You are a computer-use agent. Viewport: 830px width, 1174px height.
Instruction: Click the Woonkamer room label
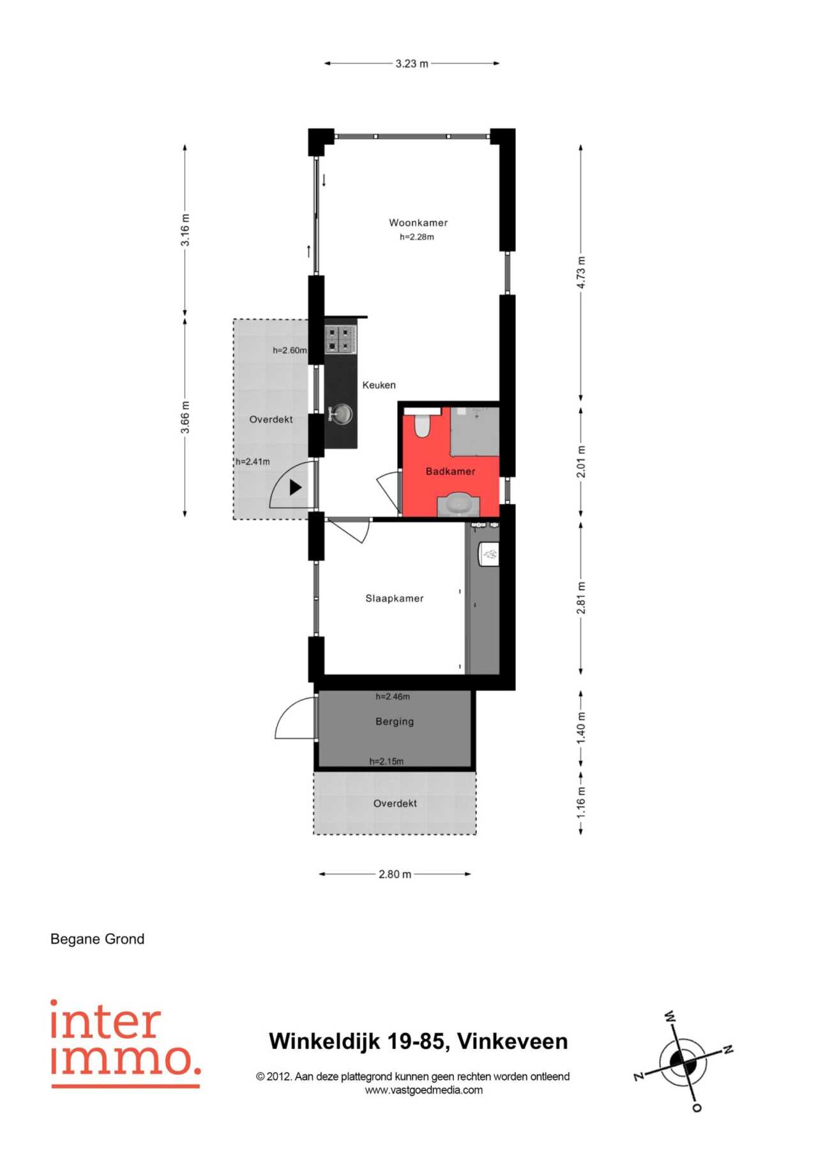[418, 223]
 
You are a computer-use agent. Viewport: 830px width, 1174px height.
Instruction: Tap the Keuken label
[379, 385]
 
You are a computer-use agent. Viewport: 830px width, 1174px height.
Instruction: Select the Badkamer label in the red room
[451, 471]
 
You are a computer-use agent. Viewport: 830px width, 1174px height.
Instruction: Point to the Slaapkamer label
[395, 598]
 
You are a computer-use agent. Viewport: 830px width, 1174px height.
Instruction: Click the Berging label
[395, 722]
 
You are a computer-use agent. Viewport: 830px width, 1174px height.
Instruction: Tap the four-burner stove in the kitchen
[340, 339]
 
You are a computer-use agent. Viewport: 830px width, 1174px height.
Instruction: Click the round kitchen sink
[342, 414]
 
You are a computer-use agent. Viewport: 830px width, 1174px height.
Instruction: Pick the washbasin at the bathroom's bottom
[458, 504]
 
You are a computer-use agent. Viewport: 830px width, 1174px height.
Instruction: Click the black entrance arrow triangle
[295, 487]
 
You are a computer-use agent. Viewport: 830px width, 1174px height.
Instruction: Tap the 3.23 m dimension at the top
[412, 64]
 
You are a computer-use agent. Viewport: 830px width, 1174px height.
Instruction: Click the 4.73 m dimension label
[581, 273]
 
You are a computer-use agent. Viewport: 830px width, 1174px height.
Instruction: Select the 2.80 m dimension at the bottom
[395, 874]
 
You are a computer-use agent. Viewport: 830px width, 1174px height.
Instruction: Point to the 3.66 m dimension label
[185, 417]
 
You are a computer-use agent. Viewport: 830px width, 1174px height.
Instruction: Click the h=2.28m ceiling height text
[417, 237]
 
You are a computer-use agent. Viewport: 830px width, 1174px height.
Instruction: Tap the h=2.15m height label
[386, 761]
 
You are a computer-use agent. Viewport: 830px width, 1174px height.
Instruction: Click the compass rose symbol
[684, 1062]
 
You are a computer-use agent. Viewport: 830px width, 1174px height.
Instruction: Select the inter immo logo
[126, 1043]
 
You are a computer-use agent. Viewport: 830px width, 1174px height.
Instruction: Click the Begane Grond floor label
[98, 939]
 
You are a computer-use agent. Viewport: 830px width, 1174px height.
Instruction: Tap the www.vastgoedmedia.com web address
[424, 1090]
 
